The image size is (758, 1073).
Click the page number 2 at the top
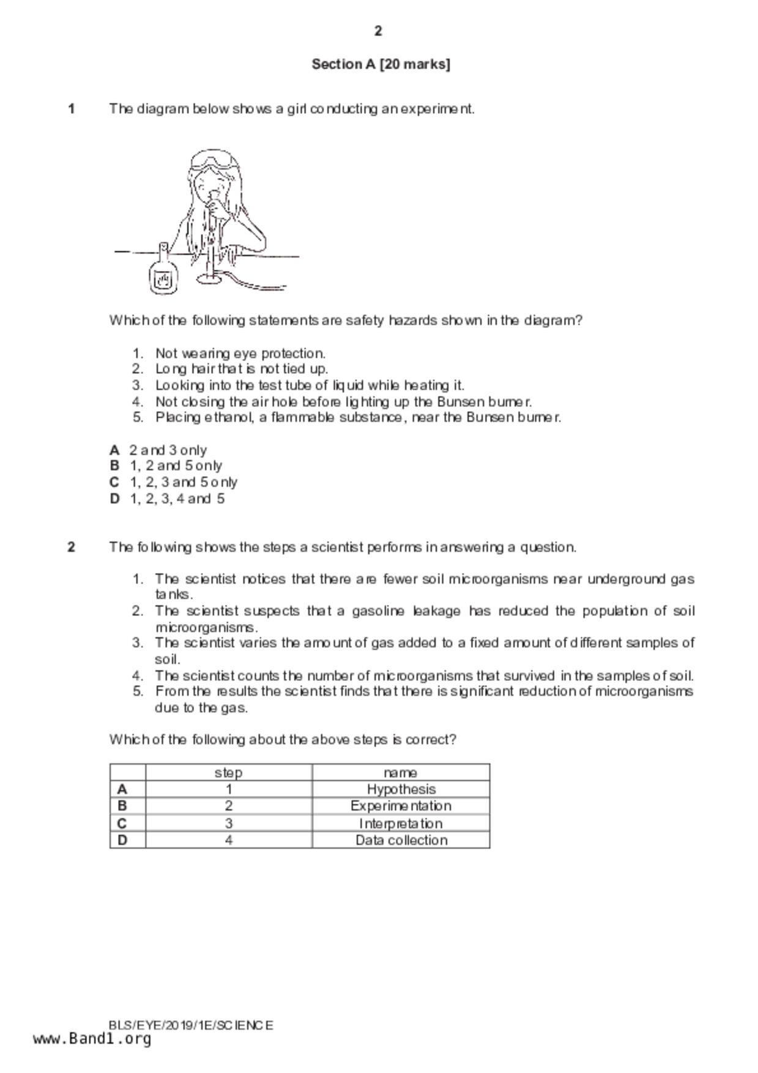378,31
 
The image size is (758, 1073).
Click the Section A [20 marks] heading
381,64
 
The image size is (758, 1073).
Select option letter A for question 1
114,450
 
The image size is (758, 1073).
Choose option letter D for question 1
114,499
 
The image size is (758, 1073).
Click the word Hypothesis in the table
401,789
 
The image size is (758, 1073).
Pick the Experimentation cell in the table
401,806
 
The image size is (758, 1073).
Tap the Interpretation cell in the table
401,823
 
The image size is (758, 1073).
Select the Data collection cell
401,840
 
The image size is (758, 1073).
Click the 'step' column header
228,773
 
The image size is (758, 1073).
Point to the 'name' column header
401,773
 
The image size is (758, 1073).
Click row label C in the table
122,823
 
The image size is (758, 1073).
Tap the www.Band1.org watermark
92,1039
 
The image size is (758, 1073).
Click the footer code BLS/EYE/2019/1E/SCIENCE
191,1025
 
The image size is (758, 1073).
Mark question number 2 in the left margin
72,547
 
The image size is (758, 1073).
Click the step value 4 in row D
228,840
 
